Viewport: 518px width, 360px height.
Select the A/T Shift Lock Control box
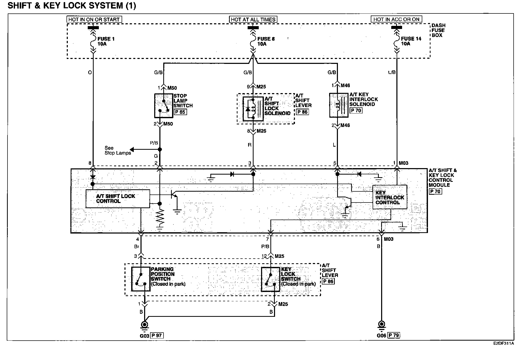[x=117, y=199]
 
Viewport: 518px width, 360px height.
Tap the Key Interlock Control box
[x=390, y=197]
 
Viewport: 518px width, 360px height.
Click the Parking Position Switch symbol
[x=141, y=279]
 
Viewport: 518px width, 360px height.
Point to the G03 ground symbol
[x=145, y=325]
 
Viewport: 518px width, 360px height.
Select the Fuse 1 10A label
[x=106, y=41]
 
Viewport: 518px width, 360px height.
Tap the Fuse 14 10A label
[x=411, y=41]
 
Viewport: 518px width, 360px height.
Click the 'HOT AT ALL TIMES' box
[x=253, y=19]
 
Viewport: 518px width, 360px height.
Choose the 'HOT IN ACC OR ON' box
[x=396, y=19]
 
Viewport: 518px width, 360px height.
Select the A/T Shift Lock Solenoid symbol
[x=253, y=109]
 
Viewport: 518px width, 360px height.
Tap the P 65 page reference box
[x=180, y=112]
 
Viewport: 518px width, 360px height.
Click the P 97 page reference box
[x=157, y=335]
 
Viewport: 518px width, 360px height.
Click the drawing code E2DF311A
[x=503, y=344]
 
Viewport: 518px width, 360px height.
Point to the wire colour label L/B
[x=392, y=72]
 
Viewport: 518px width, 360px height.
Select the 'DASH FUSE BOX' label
[x=438, y=30]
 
